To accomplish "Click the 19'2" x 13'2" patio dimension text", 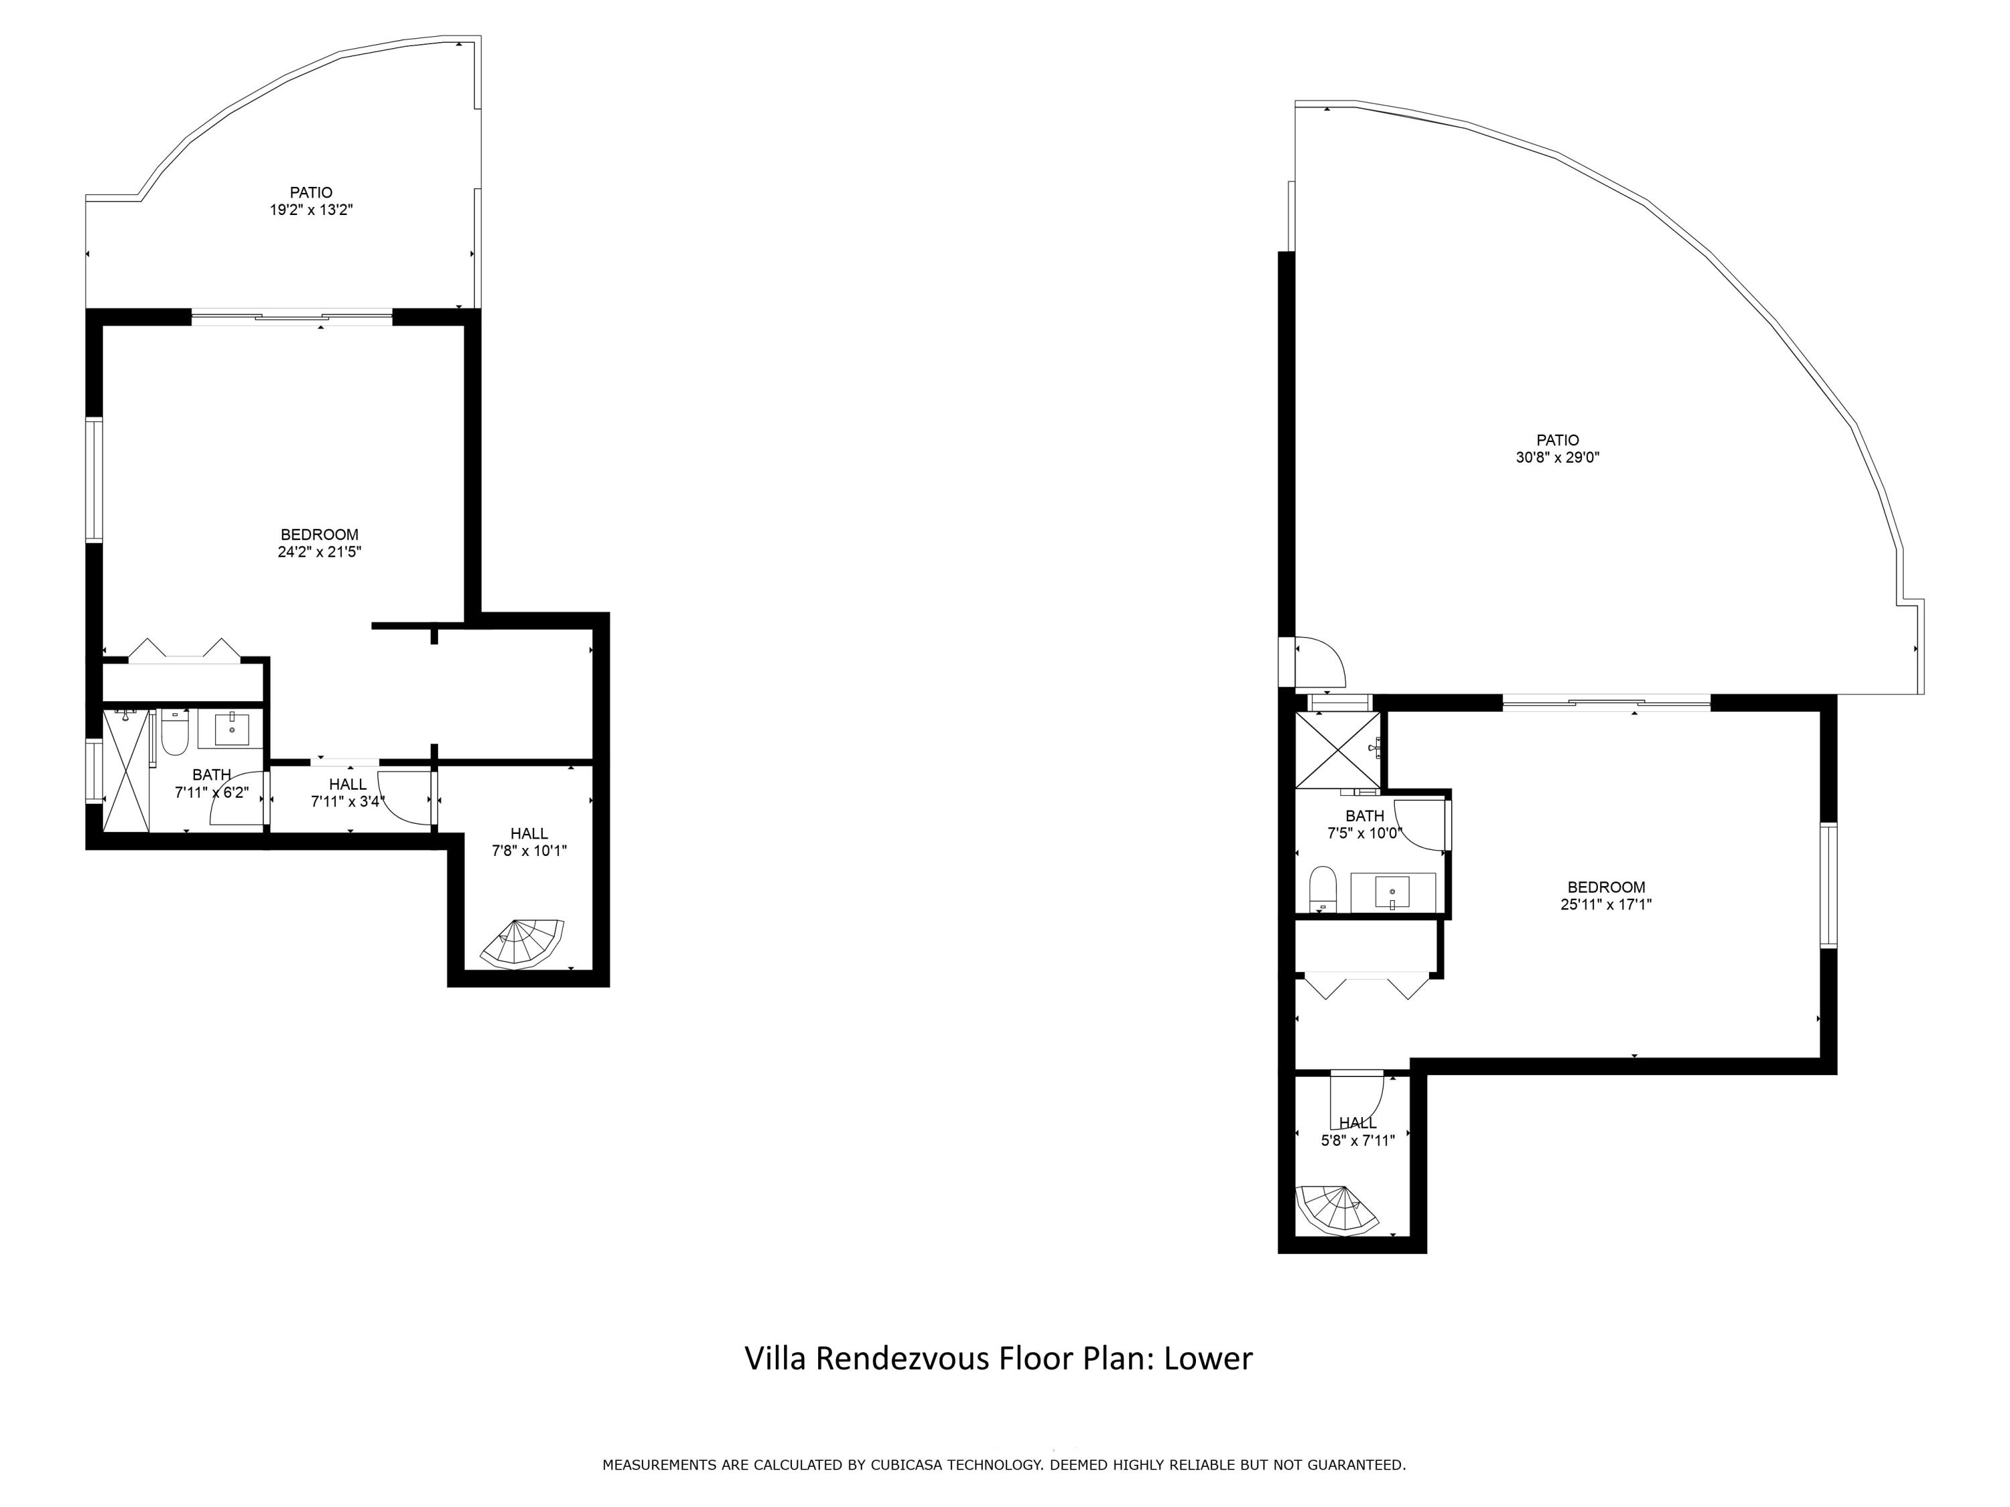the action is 311,210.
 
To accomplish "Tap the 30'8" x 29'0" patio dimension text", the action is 1558,458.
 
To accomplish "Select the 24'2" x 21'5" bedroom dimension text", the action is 320,551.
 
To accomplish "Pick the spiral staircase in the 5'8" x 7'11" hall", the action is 1336,1209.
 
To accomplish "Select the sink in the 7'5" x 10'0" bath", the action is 1392,892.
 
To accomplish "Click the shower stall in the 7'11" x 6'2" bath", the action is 127,770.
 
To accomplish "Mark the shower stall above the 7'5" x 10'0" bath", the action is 1337,749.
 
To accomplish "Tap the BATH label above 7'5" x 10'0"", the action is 1365,816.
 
